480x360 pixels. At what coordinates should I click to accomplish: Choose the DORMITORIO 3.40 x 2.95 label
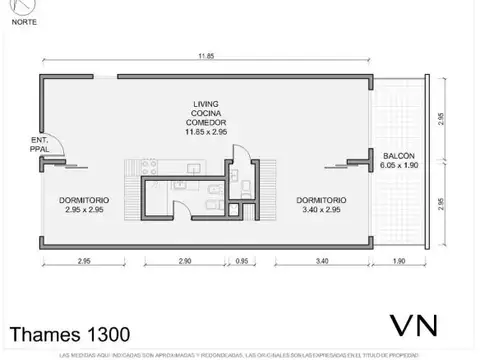(x=323, y=207)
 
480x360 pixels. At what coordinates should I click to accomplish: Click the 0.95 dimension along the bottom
(x=240, y=263)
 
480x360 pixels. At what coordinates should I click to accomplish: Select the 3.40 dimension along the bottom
(x=320, y=263)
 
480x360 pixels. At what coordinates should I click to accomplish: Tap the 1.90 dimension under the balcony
(x=398, y=263)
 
